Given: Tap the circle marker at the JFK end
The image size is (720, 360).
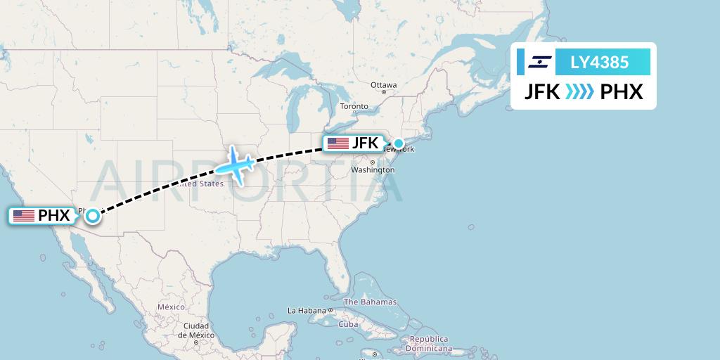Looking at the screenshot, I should (399, 144).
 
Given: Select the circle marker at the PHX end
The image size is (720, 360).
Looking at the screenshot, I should (92, 216).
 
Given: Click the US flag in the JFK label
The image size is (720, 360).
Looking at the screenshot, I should (337, 143).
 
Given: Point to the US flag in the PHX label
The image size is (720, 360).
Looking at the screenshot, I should (24, 216).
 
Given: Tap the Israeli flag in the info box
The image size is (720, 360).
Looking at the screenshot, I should (540, 62).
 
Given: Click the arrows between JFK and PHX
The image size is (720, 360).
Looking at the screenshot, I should (580, 91).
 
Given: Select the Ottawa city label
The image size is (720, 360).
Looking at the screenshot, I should (384, 85).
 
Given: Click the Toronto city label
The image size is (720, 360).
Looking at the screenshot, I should (354, 106).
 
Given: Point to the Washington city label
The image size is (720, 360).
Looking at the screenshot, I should (372, 170).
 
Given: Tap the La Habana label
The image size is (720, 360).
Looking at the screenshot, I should (307, 310).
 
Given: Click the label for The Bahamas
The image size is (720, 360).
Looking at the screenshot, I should (370, 302).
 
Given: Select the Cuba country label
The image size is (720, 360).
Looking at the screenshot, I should (348, 324).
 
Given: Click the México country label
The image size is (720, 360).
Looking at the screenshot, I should (170, 307).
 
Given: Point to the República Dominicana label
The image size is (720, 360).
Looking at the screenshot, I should (430, 343).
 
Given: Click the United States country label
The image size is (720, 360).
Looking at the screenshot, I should (201, 184).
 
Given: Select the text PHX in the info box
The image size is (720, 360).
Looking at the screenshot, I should (622, 91).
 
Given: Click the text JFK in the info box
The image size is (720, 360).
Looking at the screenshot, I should (543, 91).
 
